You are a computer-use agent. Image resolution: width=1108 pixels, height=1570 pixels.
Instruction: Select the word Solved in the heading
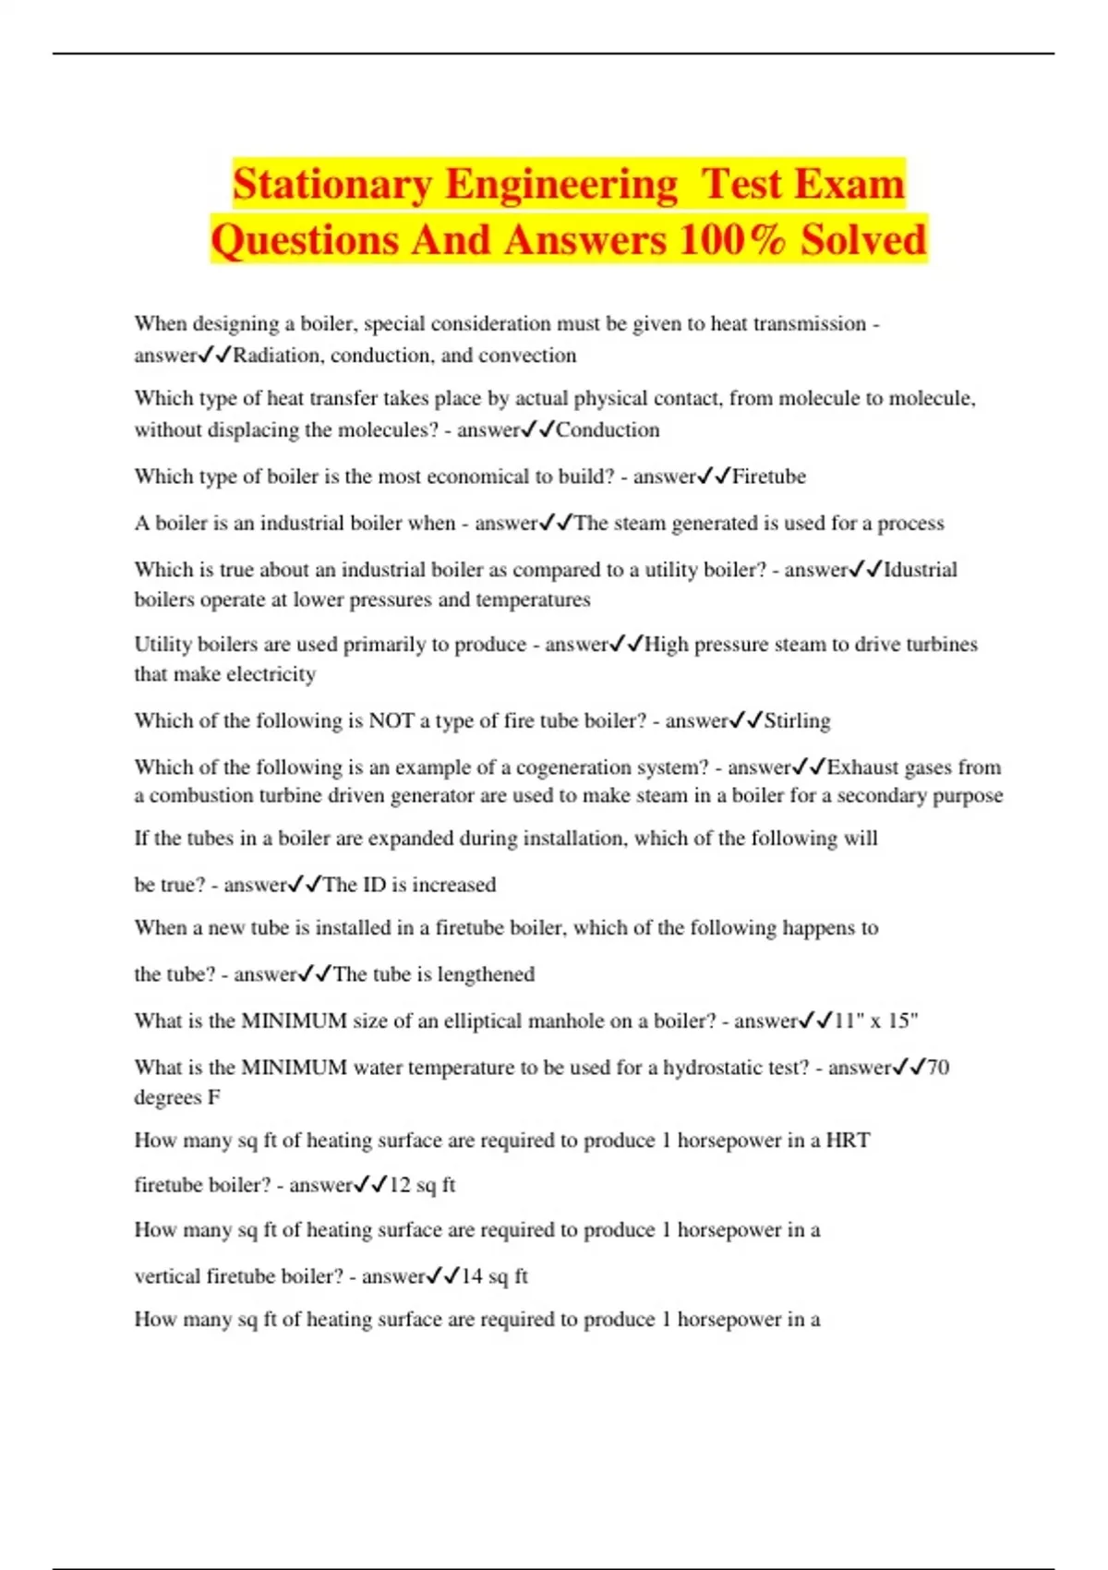coord(863,239)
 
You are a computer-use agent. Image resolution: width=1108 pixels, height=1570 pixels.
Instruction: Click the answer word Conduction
coord(608,430)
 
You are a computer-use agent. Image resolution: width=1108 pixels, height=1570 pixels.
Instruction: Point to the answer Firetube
coord(769,477)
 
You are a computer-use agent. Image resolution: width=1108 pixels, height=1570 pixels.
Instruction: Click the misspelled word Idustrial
coord(921,570)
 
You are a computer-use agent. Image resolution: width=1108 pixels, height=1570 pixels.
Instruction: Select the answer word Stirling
coord(797,720)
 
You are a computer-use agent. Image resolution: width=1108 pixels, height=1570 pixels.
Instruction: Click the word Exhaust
coord(863,767)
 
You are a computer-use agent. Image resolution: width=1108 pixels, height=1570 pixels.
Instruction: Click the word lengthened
coord(486,974)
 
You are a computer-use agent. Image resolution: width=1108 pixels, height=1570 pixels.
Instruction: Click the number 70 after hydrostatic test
coord(937,1068)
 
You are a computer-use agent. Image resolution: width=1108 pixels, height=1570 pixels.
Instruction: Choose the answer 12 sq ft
coord(422,1185)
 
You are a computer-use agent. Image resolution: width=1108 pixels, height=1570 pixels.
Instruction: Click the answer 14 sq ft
coord(494,1276)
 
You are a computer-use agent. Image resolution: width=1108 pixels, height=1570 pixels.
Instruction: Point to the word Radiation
coord(278,356)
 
